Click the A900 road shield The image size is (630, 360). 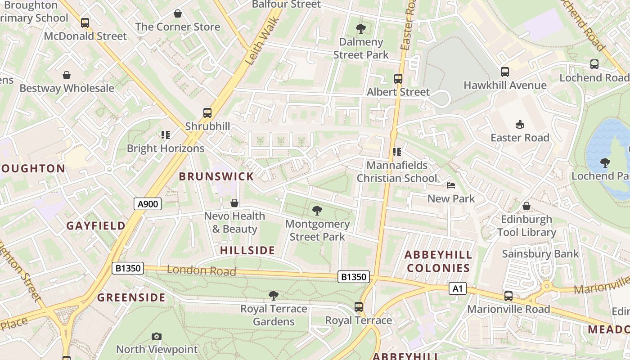(x=148, y=204)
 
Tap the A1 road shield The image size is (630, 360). (x=457, y=288)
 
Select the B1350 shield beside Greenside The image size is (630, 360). (x=128, y=268)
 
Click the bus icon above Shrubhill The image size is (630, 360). (x=207, y=112)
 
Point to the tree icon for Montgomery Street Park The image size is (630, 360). (x=317, y=210)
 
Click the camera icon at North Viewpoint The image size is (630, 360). (x=156, y=336)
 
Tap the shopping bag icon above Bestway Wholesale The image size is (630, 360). (x=67, y=75)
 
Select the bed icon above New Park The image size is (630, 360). (x=451, y=185)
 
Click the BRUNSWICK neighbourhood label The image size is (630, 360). (x=216, y=176)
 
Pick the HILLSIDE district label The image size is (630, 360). (x=247, y=250)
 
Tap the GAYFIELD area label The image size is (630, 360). (x=96, y=225)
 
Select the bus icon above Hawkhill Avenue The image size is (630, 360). (x=504, y=72)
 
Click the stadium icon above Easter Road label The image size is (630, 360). (x=520, y=124)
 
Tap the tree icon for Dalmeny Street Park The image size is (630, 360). (x=360, y=29)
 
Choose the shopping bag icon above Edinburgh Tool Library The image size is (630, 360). (x=526, y=206)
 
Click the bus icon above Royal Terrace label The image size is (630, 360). (x=358, y=307)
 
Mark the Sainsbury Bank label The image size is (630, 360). (x=540, y=254)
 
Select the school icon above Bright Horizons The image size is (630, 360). (x=165, y=135)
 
